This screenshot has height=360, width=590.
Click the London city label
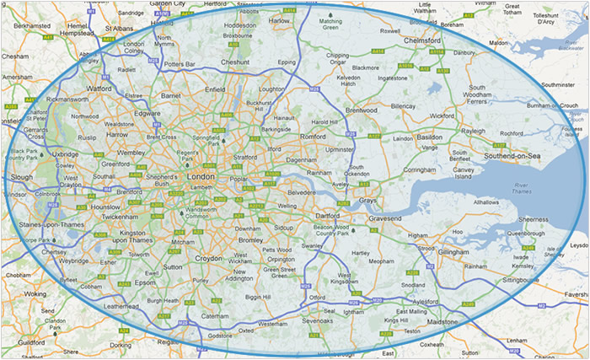click(201, 177)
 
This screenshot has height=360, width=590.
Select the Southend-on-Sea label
click(518, 157)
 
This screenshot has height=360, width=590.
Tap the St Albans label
click(120, 38)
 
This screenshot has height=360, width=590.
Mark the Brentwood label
click(361, 110)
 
